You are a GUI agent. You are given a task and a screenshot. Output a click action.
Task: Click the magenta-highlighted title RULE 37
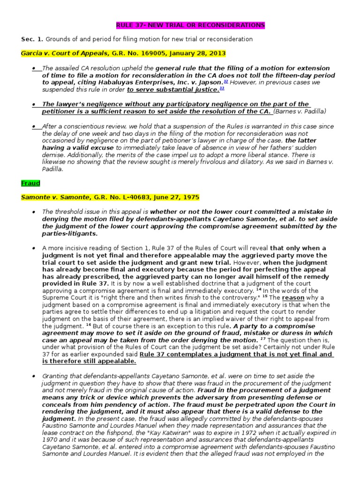click(x=190, y=25)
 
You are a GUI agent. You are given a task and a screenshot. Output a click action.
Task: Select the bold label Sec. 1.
click(x=30, y=39)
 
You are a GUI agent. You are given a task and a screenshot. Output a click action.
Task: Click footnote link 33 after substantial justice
click(x=222, y=88)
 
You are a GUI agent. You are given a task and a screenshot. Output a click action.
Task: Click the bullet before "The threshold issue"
click(x=34, y=212)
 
